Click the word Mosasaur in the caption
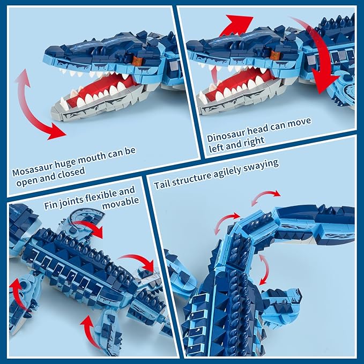33,169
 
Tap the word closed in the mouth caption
71,172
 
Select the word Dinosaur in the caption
225,135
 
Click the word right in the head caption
253,142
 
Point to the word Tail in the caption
161,184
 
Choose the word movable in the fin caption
121,203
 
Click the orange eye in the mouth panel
137,60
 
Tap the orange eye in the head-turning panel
275,55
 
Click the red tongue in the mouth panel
105,86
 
